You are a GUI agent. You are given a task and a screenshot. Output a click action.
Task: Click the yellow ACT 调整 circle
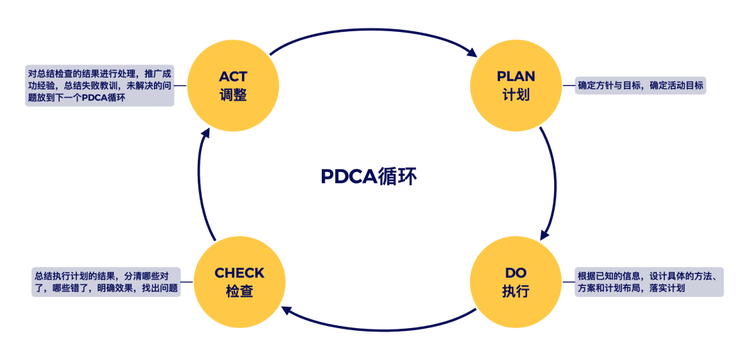pyautogui.click(x=232, y=85)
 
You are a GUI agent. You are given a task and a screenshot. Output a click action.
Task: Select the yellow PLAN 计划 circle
pyautogui.click(x=516, y=85)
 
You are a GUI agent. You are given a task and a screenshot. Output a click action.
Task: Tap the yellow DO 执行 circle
pyautogui.click(x=516, y=282)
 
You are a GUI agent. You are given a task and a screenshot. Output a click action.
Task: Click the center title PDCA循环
pyautogui.click(x=369, y=177)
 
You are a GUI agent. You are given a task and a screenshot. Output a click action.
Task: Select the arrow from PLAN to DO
pyautogui.click(x=555, y=180)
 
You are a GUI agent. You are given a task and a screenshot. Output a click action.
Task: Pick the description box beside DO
pyautogui.click(x=649, y=282)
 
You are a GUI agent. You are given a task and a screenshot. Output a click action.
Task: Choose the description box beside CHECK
pyautogui.click(x=105, y=282)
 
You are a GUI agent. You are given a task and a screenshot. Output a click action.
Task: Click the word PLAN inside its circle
pyautogui.click(x=516, y=76)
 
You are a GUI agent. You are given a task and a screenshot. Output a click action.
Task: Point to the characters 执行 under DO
pyautogui.click(x=516, y=291)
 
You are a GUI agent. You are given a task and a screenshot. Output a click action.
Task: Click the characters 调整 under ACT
pyautogui.click(x=232, y=95)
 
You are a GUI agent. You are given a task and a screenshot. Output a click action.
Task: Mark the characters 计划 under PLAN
pyautogui.click(x=516, y=95)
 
